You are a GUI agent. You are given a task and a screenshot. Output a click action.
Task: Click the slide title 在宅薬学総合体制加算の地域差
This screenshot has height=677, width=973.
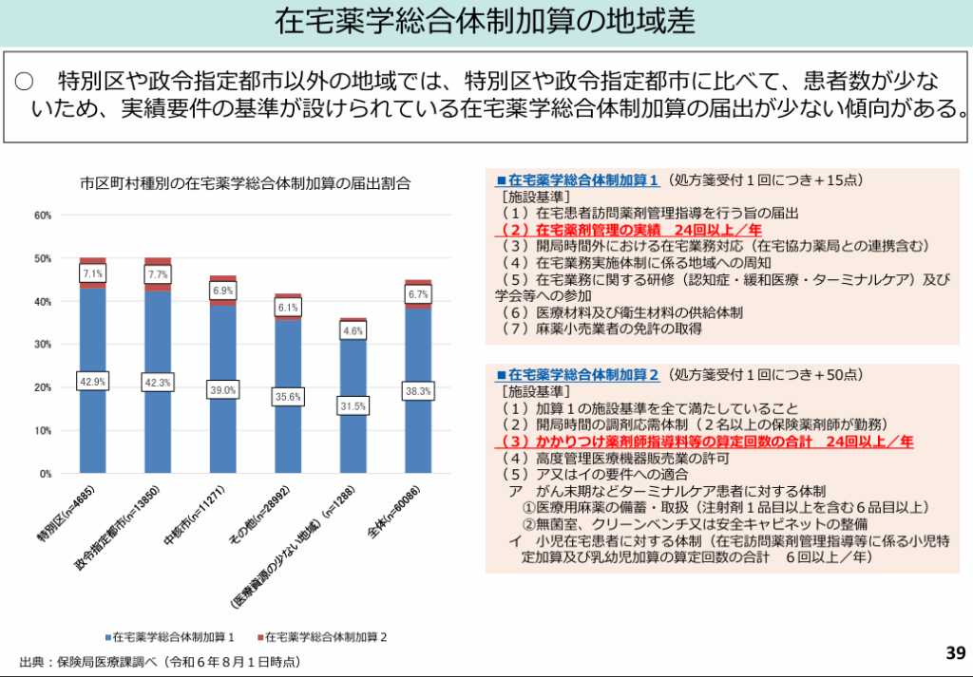click(485, 22)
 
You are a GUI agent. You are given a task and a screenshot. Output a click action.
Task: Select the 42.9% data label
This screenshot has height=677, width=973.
click(92, 381)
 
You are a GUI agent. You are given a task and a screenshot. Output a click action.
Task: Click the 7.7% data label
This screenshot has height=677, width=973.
click(158, 274)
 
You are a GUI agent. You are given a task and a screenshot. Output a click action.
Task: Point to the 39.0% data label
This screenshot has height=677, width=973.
click(223, 389)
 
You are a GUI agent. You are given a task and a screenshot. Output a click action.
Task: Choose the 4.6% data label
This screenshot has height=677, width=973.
click(353, 331)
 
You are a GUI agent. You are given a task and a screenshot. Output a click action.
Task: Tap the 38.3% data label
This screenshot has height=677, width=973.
click(417, 390)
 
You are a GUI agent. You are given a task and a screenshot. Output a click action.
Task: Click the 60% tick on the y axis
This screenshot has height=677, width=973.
click(43, 216)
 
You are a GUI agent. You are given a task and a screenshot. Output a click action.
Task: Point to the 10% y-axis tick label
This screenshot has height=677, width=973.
click(43, 430)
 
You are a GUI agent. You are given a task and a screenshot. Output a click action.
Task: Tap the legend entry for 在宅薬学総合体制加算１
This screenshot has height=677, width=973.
click(176, 636)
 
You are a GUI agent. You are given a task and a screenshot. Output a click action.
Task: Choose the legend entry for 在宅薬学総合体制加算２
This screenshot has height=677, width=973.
click(329, 636)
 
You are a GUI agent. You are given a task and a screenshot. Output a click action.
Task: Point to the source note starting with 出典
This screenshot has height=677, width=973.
click(157, 660)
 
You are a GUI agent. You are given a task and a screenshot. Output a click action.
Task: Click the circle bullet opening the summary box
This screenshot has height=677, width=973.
click(25, 80)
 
